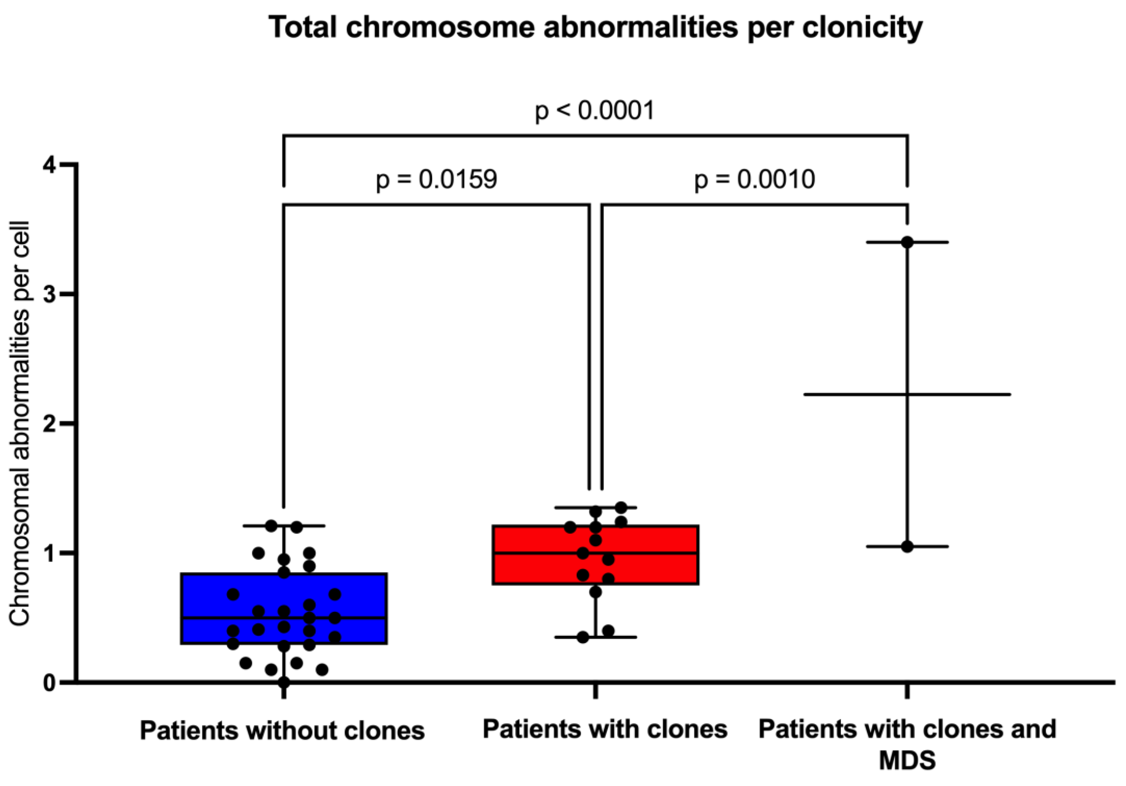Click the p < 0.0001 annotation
click(x=595, y=111)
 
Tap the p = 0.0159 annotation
click(x=436, y=180)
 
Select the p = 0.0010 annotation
click(x=754, y=180)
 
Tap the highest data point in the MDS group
click(x=907, y=242)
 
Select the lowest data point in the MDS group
click(x=907, y=547)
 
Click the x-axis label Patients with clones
click(x=605, y=729)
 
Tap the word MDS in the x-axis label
click(x=907, y=760)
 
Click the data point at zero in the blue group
click(x=284, y=682)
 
